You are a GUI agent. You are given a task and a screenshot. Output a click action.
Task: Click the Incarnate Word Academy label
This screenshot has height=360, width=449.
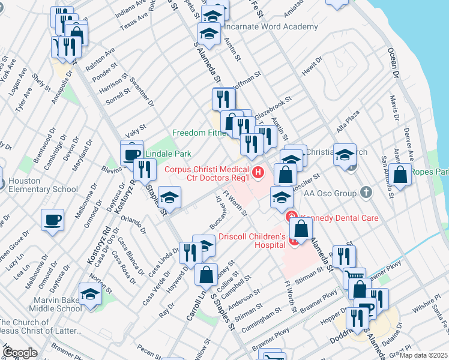[x=270, y=27]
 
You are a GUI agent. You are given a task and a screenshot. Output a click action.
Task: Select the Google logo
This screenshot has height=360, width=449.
[x=20, y=353]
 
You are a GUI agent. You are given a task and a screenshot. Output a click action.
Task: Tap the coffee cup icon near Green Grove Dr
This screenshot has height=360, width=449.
[x=52, y=219]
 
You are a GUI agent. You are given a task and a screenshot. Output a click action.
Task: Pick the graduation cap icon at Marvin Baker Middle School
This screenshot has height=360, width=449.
[x=91, y=295]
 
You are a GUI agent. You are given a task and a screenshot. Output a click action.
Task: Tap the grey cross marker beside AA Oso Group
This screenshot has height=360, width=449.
[x=366, y=193]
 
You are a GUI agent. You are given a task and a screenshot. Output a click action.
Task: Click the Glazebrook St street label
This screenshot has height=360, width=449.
[x=273, y=107]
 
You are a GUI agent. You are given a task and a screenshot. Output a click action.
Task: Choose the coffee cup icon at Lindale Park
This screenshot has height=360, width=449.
[x=131, y=155]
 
